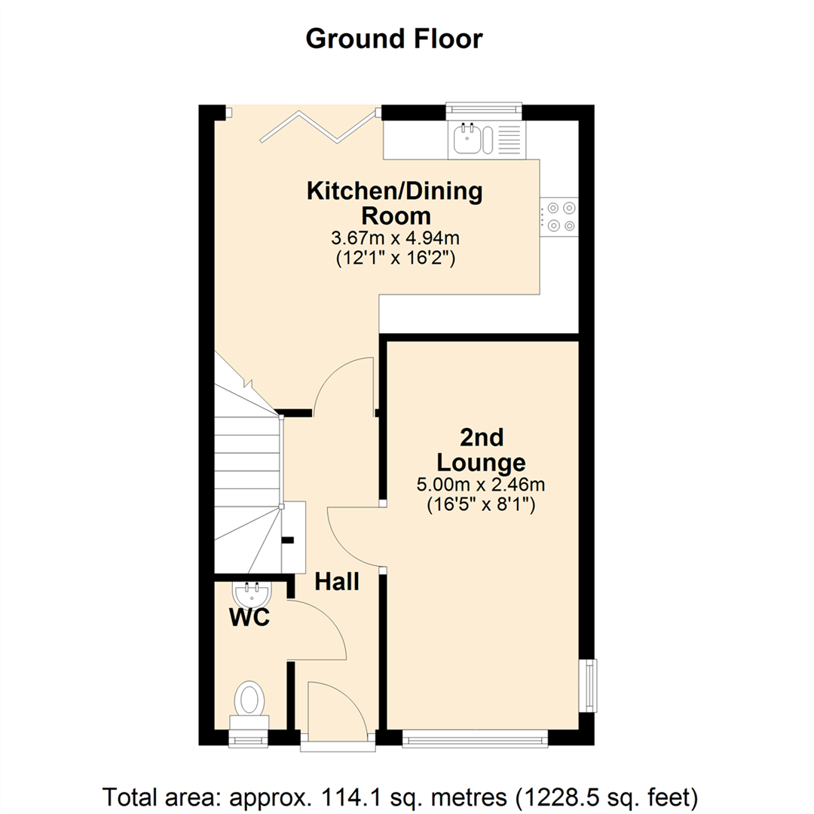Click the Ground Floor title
pyautogui.click(x=393, y=38)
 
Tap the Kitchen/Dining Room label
pyautogui.click(x=394, y=203)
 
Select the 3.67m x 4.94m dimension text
pyautogui.click(x=394, y=238)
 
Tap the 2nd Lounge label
pyautogui.click(x=482, y=449)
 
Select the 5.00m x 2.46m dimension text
pyautogui.click(x=482, y=485)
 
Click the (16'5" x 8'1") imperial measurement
pyautogui.click(x=482, y=505)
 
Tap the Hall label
pyautogui.click(x=336, y=582)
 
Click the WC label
pyautogui.click(x=249, y=618)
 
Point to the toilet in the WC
pyautogui.click(x=249, y=699)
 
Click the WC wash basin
pyautogui.click(x=251, y=594)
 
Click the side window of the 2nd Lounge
pyautogui.click(x=589, y=685)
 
